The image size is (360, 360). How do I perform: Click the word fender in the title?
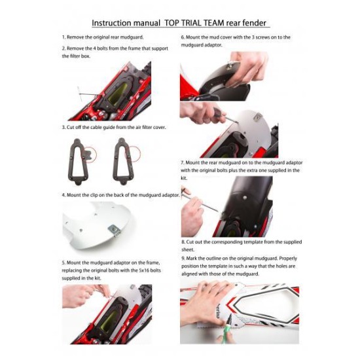click(x=255, y=23)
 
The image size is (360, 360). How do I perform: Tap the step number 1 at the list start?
click(x=63, y=37)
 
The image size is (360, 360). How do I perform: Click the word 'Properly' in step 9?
click(x=288, y=259)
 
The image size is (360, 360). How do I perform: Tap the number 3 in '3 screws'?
click(x=253, y=37)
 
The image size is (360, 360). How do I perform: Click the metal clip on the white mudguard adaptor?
click(x=115, y=230)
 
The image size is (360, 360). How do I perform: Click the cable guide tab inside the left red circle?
click(x=87, y=154)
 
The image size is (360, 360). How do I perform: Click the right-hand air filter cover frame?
click(x=122, y=161)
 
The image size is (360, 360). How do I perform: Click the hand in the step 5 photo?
click(x=84, y=295)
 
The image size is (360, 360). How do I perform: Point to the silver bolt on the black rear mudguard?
click(x=245, y=197)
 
